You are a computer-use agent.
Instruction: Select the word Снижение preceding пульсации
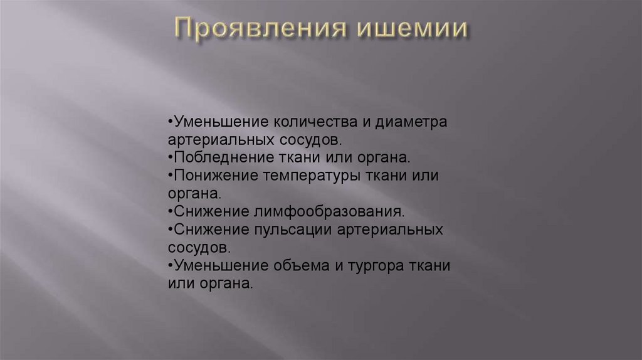coord(205,230)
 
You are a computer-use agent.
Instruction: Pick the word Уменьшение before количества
coord(212,120)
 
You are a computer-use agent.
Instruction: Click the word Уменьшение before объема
coord(212,265)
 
